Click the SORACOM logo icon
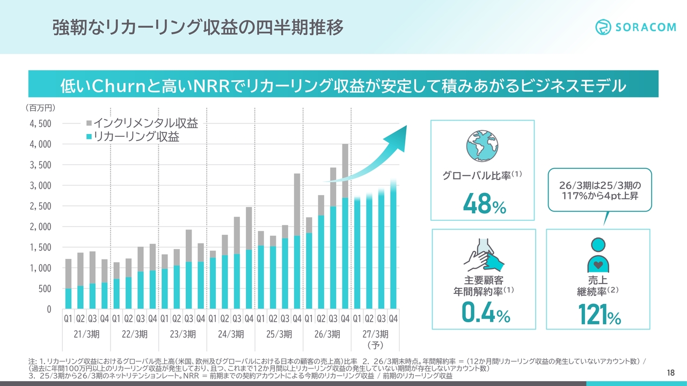click(603, 27)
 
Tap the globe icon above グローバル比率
click(482, 146)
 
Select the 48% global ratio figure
click(485, 203)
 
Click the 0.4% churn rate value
click(486, 312)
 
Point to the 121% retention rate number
click(600, 314)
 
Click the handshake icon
click(484, 255)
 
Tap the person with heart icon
click(598, 255)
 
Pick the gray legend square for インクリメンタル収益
click(89, 123)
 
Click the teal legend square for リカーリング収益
click(89, 137)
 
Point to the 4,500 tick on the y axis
click(40, 124)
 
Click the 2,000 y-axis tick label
click(40, 227)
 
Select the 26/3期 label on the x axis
click(327, 334)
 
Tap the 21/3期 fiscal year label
click(86, 334)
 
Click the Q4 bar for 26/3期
click(345, 226)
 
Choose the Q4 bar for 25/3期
click(297, 241)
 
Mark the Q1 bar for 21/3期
click(68, 284)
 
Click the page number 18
click(671, 373)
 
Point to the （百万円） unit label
click(40, 108)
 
